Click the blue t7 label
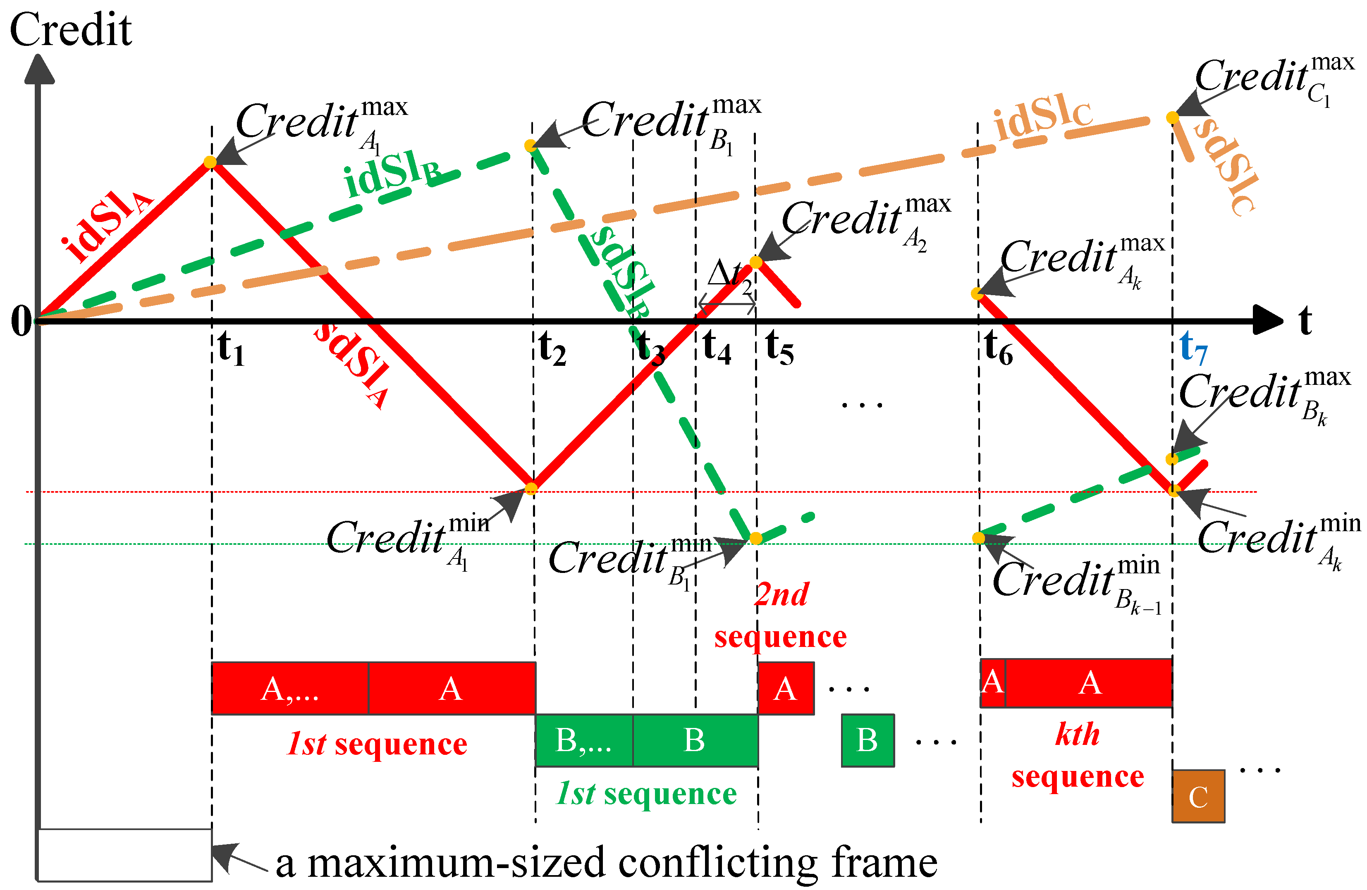[1193, 347]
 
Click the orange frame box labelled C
[1198, 797]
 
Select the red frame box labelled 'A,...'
[289, 688]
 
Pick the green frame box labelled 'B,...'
[583, 740]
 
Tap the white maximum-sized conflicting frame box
[124, 854]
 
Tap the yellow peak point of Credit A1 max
[210, 162]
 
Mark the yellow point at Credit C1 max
[1172, 118]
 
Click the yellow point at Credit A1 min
[531, 489]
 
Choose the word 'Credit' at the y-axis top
[71, 30]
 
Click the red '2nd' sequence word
[781, 595]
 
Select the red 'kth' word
[1077, 735]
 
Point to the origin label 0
[21, 322]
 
